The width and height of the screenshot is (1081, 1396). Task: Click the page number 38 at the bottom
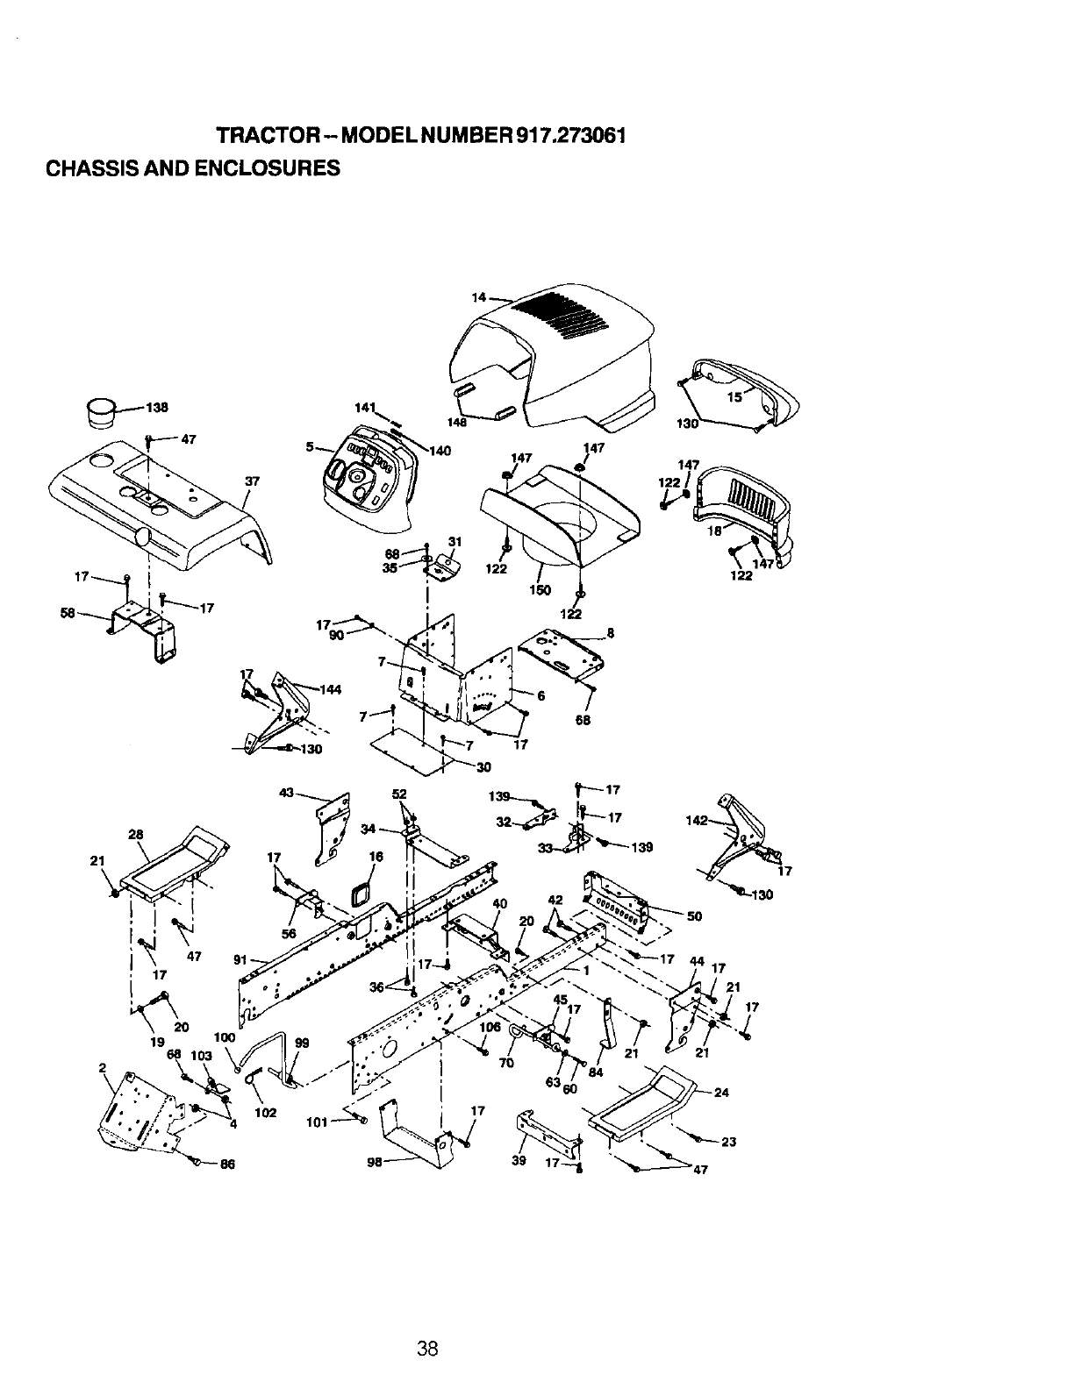[x=427, y=1349]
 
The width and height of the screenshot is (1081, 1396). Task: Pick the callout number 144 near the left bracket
[x=330, y=689]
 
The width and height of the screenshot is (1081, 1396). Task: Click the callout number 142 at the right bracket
[x=697, y=822]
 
